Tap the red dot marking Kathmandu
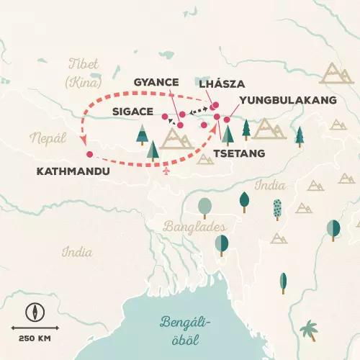click(89, 154)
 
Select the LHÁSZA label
click(223, 84)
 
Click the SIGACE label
click(134, 112)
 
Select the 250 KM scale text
click(32, 339)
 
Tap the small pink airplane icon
click(168, 171)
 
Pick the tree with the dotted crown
click(279, 208)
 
